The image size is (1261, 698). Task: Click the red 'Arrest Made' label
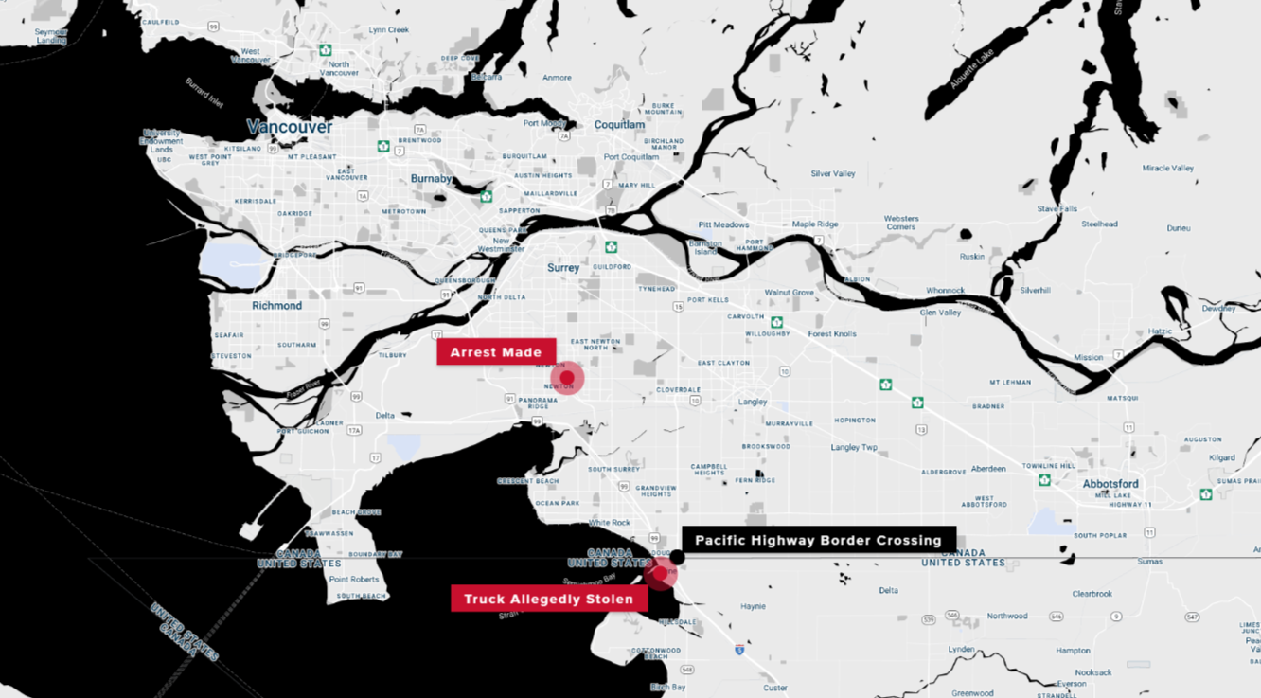click(496, 352)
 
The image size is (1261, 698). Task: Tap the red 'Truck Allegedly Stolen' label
click(548, 600)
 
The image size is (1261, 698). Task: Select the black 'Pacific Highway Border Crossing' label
click(818, 541)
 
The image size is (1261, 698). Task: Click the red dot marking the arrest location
click(567, 378)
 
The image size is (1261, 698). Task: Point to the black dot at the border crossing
click(678, 557)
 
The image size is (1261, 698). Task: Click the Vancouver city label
click(290, 127)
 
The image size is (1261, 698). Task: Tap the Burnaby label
click(432, 179)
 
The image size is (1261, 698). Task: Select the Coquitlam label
click(619, 125)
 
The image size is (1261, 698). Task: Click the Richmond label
click(276, 306)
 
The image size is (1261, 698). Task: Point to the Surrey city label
click(563, 268)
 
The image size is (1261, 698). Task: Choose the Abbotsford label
click(1110, 484)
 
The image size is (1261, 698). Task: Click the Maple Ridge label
click(815, 224)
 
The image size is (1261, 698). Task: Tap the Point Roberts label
click(353, 580)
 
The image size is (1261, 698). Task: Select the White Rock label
click(609, 523)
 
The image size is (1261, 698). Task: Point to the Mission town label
click(1089, 357)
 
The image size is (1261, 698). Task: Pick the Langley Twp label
click(854, 447)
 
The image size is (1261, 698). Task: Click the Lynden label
click(961, 650)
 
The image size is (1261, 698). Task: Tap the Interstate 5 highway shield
click(739, 650)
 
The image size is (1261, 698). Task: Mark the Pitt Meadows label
click(723, 224)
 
